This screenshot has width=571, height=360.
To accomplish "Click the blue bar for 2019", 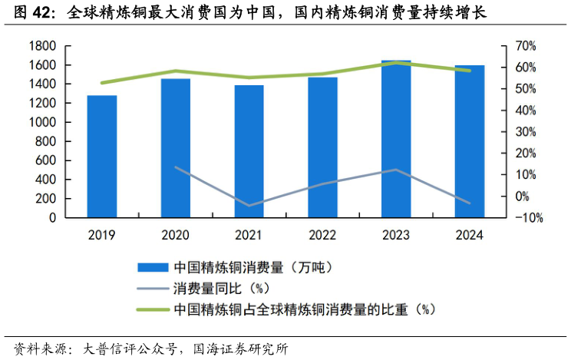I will coord(102,157).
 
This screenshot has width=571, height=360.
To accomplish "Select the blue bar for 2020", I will coord(176,148).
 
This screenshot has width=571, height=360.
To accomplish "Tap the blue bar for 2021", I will coord(249,151).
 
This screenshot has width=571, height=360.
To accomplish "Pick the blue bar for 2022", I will coord(322,147).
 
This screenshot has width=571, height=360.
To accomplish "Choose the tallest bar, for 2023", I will coord(396,139).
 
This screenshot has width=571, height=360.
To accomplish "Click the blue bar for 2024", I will coord(470,141).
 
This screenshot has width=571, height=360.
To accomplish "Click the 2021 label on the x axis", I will coord(249,236).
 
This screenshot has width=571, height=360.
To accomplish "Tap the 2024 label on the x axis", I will coord(470,236).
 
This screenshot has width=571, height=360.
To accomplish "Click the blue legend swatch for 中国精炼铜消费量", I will coord(152,268).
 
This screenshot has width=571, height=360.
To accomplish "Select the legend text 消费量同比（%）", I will coord(219,289).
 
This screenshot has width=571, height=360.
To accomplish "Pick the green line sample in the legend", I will coord(152,309).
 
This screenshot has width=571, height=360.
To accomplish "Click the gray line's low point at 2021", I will coord(249,206).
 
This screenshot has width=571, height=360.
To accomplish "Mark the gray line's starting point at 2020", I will coord(176,167).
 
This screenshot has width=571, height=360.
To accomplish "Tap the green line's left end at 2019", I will coord(102,83).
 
